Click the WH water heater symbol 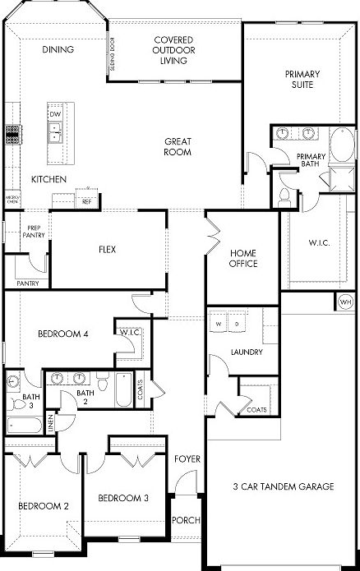pyautogui.click(x=345, y=302)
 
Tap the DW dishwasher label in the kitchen pyautogui.click(x=56, y=114)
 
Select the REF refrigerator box pyautogui.click(x=86, y=200)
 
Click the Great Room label pyautogui.click(x=178, y=146)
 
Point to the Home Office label pyautogui.click(x=244, y=258)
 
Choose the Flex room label pyautogui.click(x=106, y=249)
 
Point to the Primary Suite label pyautogui.click(x=302, y=80)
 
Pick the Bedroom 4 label pyautogui.click(x=62, y=334)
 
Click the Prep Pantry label pyautogui.click(x=34, y=232)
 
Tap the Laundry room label pyautogui.click(x=247, y=352)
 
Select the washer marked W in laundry pyautogui.click(x=219, y=325)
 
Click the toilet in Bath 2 pyautogui.click(x=103, y=384)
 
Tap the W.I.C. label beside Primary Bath pyautogui.click(x=319, y=243)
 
